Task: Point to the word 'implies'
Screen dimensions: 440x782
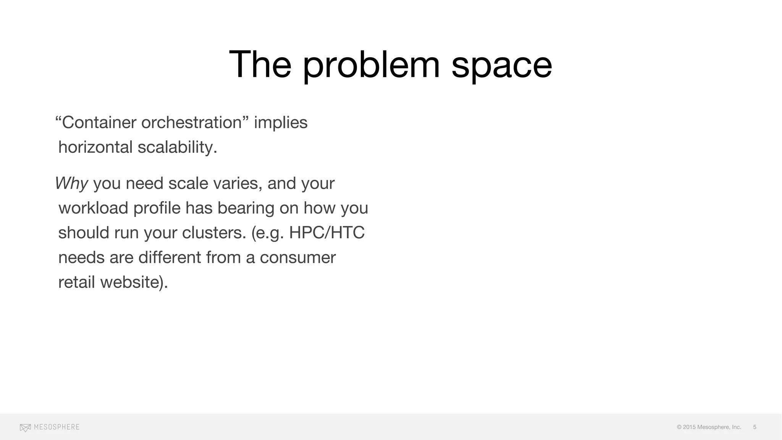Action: (x=281, y=123)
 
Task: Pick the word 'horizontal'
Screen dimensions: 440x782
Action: (x=95, y=147)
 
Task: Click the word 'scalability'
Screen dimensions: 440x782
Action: (x=177, y=147)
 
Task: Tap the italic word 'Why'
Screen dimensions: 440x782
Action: (x=72, y=183)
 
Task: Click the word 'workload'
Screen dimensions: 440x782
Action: (x=93, y=208)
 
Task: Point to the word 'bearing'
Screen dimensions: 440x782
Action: (x=246, y=208)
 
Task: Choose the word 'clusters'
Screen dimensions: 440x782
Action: (x=214, y=233)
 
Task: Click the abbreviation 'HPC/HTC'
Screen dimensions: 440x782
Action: (x=327, y=233)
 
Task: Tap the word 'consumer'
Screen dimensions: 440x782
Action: (x=298, y=257)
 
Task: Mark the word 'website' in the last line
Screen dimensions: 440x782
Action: (x=132, y=282)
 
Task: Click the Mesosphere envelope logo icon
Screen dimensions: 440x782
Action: (x=25, y=427)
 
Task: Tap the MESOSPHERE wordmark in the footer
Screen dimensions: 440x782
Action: (x=57, y=427)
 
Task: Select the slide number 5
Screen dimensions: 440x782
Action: (x=755, y=427)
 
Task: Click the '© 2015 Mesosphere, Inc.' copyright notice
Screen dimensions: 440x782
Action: (x=709, y=427)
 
